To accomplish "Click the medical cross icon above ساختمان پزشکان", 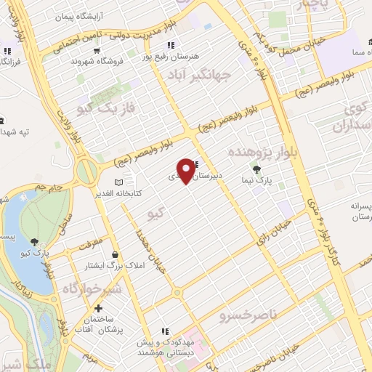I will point(99,309).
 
